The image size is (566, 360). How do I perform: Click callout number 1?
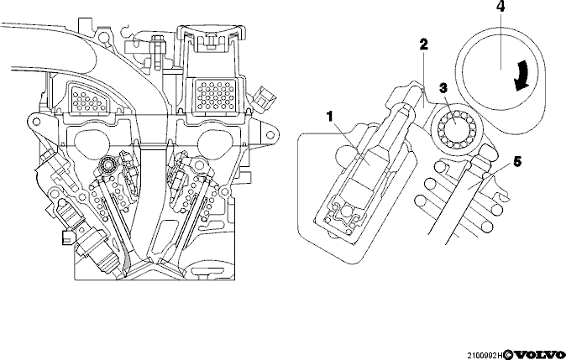point(329,117)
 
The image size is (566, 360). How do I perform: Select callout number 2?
point(423,44)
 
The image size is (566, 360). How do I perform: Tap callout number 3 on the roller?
point(443,88)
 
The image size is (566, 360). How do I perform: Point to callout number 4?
point(500,7)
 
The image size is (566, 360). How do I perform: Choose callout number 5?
point(517,162)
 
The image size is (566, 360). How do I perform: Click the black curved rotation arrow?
point(522,76)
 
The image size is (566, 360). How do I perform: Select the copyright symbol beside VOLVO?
point(508,355)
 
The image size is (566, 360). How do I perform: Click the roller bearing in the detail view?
point(455,128)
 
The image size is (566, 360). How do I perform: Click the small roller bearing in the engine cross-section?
point(107,165)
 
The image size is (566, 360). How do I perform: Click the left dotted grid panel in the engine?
point(88,98)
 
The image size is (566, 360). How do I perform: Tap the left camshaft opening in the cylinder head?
point(92,142)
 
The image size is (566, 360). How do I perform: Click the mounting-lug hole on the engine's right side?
point(270,135)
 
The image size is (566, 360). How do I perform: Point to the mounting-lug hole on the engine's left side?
point(36,122)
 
